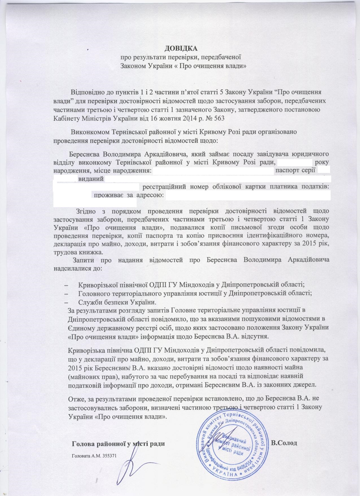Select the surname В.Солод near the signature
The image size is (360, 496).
[284, 443]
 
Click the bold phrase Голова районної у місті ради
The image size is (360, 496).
[119, 443]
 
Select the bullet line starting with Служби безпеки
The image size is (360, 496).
[117, 302]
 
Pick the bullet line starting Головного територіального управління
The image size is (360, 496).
[195, 293]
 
